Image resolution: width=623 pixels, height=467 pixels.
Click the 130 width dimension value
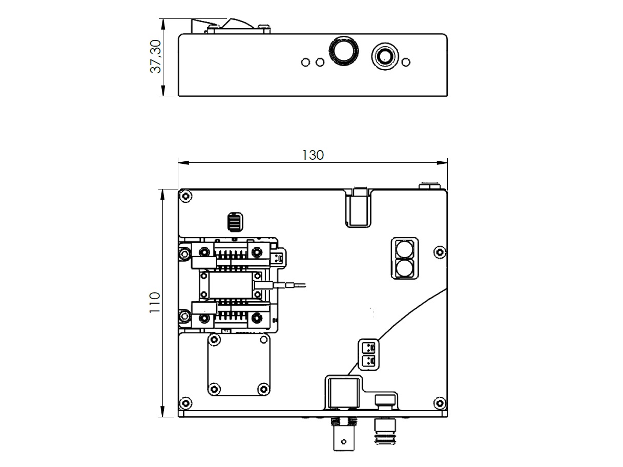[313, 155]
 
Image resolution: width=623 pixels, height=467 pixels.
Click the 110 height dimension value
[155, 303]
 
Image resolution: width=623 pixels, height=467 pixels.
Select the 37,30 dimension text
[156, 57]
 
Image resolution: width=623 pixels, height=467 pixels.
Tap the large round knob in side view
[343, 51]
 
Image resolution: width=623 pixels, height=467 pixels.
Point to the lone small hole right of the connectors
[406, 62]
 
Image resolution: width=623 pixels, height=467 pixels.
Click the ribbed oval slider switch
[235, 222]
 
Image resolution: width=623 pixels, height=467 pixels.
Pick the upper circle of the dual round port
[404, 249]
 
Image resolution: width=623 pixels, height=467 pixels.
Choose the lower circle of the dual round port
[404, 268]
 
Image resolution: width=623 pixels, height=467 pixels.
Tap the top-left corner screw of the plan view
[185, 196]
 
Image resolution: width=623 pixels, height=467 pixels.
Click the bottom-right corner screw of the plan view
[440, 403]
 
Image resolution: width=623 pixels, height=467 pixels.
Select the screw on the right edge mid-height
[440, 252]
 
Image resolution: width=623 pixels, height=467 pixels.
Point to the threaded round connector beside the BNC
[385, 432]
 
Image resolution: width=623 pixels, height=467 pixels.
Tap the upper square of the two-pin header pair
[369, 347]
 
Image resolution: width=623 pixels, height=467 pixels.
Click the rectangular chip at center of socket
[231, 286]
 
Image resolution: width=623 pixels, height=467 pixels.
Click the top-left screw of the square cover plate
[215, 339]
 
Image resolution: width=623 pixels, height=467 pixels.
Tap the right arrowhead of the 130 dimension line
[442, 163]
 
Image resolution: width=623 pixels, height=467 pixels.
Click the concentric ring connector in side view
[385, 57]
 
